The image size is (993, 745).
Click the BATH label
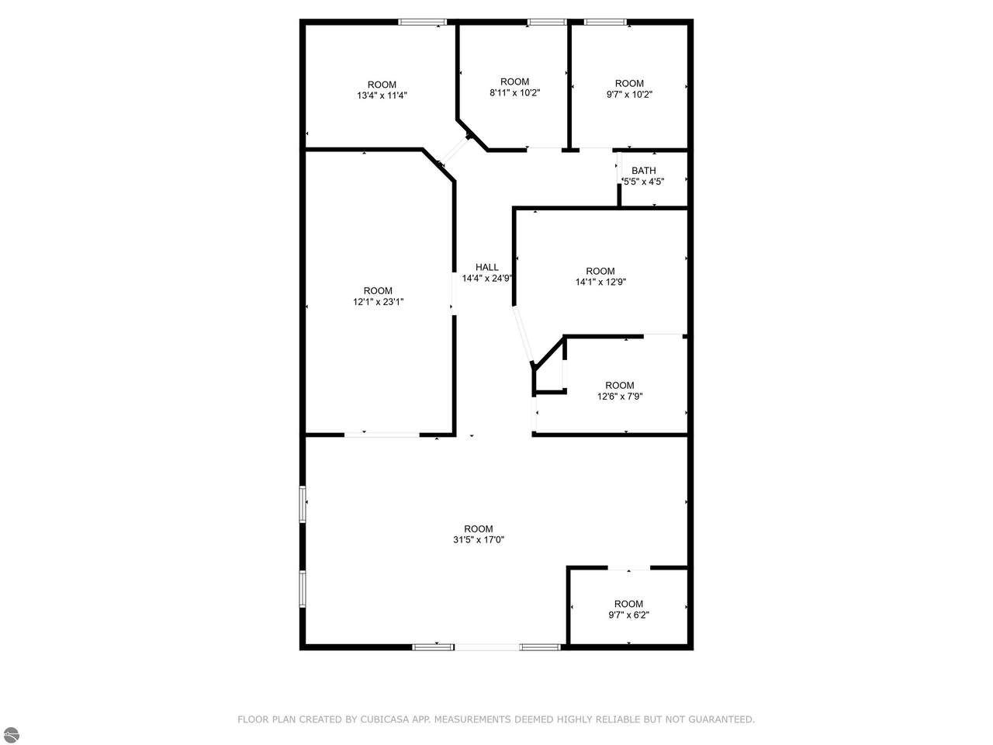[x=643, y=171]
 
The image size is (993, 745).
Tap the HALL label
[x=486, y=267]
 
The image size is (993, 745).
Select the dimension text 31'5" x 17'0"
[x=479, y=539]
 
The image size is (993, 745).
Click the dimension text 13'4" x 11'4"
[x=382, y=95]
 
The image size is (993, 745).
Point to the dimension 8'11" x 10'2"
[x=515, y=92]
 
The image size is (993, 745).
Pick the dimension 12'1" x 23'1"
[x=379, y=302]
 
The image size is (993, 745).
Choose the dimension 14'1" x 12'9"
[x=600, y=282]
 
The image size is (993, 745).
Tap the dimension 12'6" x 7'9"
[x=620, y=397]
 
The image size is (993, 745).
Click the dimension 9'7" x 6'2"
[x=629, y=615]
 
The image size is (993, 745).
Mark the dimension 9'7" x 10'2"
[x=629, y=95]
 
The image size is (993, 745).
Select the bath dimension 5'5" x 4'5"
[x=644, y=182]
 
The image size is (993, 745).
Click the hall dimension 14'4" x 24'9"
[x=486, y=278]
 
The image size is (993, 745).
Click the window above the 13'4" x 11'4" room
[x=423, y=22]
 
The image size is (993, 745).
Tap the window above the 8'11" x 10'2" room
[x=547, y=22]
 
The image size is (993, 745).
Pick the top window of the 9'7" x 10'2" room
[x=605, y=22]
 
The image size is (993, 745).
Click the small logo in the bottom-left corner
[x=10, y=736]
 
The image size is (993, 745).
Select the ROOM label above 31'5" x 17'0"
[x=479, y=528]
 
